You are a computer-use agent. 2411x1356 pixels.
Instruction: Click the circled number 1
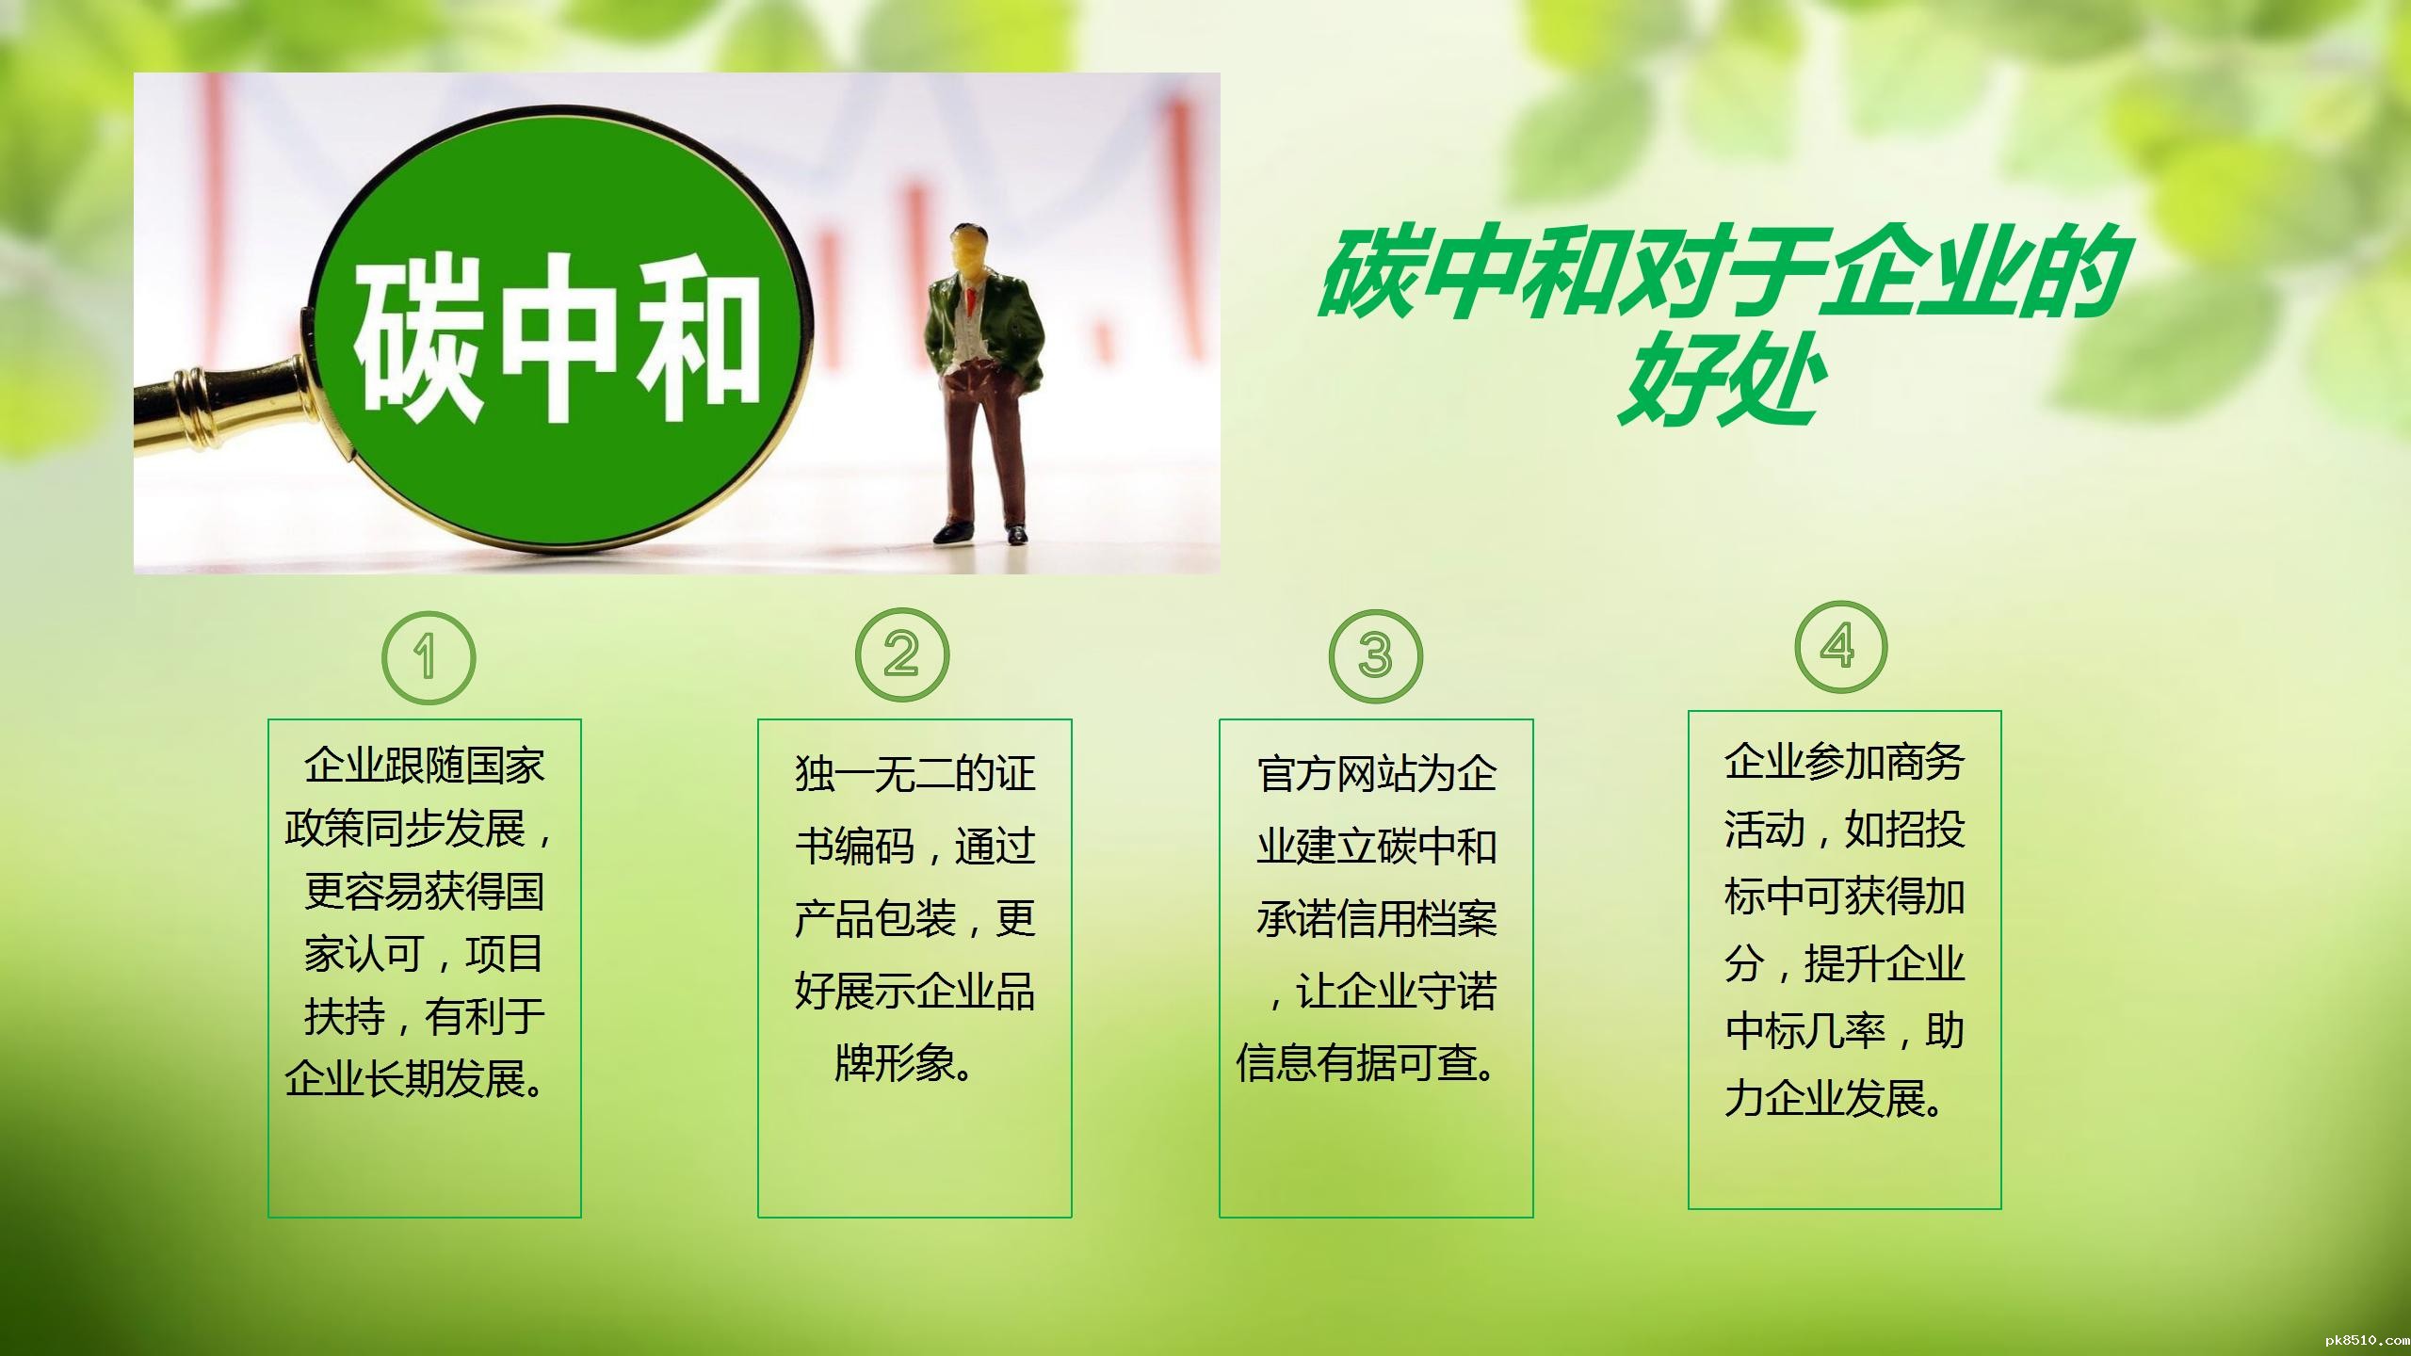[x=429, y=657]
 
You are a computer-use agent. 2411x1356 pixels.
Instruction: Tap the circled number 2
[x=902, y=654]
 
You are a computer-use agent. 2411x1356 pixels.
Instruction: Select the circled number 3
[x=1375, y=656]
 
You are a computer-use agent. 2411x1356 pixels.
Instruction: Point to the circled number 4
[x=1840, y=647]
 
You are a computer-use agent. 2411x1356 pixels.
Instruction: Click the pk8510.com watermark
[x=2364, y=1340]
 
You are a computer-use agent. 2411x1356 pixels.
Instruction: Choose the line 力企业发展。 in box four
[x=1835, y=1099]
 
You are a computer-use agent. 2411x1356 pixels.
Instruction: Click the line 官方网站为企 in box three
[x=1376, y=774]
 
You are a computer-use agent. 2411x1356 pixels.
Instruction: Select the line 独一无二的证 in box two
[x=914, y=774]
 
